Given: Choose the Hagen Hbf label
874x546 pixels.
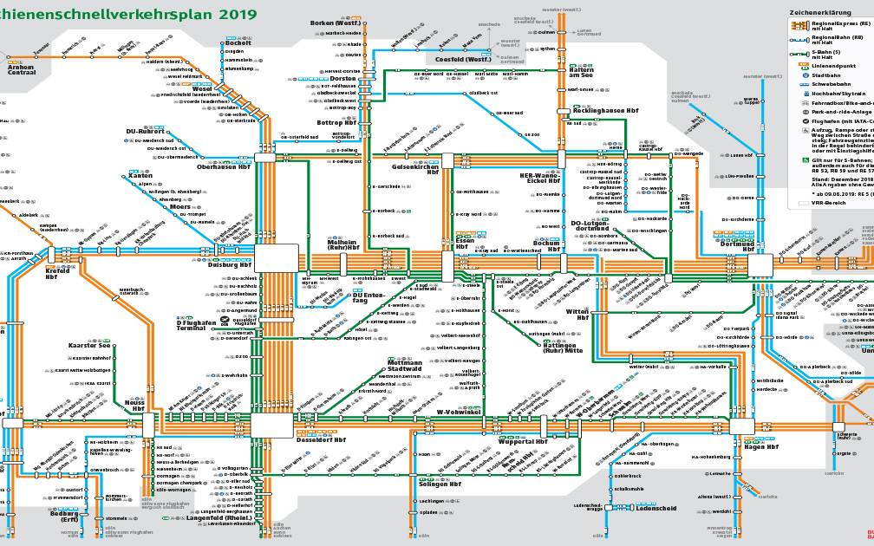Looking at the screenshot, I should pyautogui.click(x=760, y=447).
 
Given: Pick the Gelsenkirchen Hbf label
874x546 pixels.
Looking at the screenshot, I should pyautogui.click(x=417, y=169).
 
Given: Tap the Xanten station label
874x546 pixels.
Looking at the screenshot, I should pyautogui.click(x=140, y=176).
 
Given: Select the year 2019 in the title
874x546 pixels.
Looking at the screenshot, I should pyautogui.click(x=220, y=15).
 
